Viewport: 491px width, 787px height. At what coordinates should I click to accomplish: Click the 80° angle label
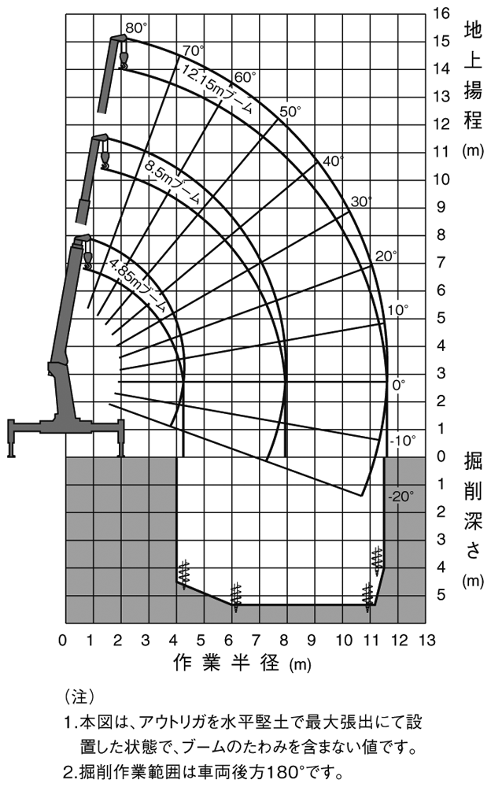tap(136, 28)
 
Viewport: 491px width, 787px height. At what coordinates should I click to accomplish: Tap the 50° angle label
tap(290, 112)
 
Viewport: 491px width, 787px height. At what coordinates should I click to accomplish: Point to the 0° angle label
tap(399, 385)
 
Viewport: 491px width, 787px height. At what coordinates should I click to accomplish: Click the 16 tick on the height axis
tap(441, 13)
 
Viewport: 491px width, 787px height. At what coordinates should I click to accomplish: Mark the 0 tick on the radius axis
tap(64, 639)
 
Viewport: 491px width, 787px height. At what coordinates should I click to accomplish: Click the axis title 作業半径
tap(227, 663)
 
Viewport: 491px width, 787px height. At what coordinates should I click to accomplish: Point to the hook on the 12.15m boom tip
tap(123, 61)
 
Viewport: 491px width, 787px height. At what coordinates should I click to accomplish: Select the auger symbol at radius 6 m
tap(234, 596)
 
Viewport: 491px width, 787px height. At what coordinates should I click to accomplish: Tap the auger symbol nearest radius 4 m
tap(185, 573)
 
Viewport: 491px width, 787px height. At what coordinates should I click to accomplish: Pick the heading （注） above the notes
tap(79, 696)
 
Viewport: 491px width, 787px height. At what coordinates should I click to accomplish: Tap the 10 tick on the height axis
tap(441, 179)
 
